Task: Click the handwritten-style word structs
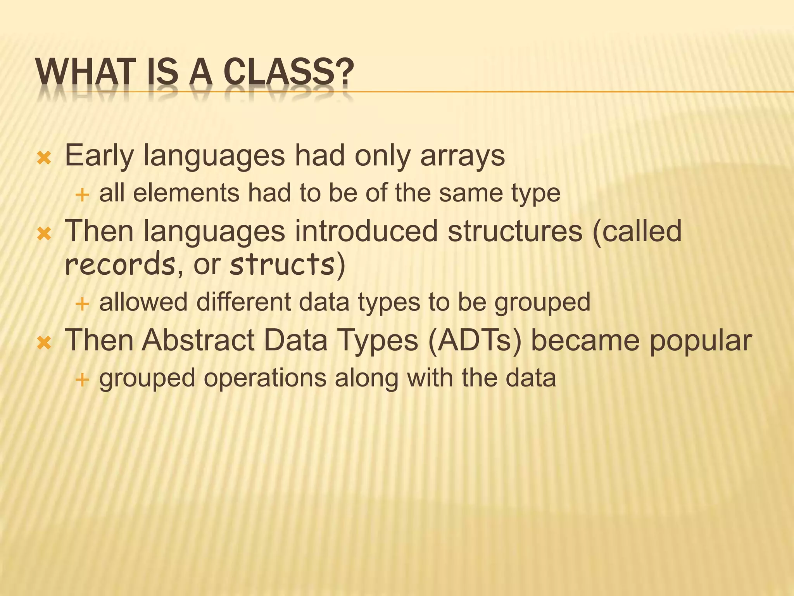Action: point(282,264)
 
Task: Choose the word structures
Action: point(515,231)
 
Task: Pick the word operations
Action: point(265,378)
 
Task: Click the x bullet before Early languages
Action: point(44,158)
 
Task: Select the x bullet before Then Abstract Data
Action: point(44,343)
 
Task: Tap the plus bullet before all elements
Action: point(82,195)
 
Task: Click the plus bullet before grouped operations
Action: point(82,379)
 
